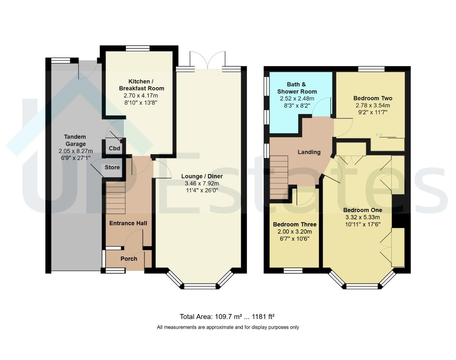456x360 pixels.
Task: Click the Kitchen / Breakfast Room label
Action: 141,85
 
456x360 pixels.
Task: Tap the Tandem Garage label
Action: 75,140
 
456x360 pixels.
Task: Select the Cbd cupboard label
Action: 115,148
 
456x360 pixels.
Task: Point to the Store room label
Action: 112,167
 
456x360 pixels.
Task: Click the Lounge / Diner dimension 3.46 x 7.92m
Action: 202,183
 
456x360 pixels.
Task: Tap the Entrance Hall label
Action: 128,223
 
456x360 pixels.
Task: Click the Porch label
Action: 129,259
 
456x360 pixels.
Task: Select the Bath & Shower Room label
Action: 297,88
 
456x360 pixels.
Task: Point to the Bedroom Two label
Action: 373,98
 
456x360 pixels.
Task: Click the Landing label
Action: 309,152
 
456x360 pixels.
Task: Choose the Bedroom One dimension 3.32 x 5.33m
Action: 362,217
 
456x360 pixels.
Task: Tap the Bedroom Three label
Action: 294,224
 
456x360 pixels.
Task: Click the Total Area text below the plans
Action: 227,317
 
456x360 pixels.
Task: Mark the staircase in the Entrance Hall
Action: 116,198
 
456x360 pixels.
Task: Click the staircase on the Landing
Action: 279,178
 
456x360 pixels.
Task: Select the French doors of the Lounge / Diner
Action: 208,60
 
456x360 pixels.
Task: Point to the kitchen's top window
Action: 138,48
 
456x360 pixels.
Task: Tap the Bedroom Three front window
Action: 293,270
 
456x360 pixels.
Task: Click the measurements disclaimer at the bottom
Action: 228,327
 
